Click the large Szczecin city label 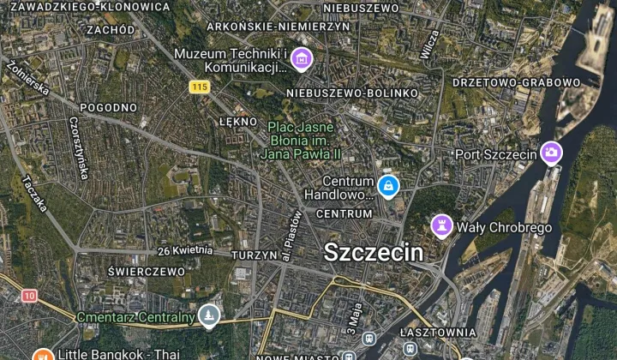point(373,252)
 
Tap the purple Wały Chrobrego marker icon point(441,225)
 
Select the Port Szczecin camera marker point(551,153)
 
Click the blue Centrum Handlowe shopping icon point(388,185)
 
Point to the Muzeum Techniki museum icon point(301,59)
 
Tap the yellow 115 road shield point(200,87)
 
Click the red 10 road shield point(30,296)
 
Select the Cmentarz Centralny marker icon point(207,317)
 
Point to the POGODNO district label point(108,108)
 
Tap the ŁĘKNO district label point(238,122)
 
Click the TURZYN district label point(254,255)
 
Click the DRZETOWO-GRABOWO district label point(516,82)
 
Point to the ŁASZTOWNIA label point(438,331)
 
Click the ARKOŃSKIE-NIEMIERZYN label point(279,27)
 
